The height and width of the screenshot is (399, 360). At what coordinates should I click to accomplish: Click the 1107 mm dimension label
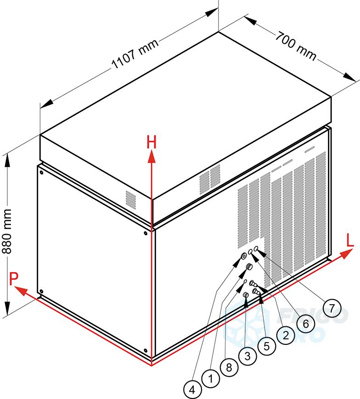click(x=135, y=55)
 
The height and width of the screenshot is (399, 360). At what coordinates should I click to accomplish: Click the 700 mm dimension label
click(x=296, y=46)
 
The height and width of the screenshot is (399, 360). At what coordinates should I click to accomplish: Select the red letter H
click(x=152, y=143)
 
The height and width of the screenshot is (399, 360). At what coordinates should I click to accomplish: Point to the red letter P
click(x=14, y=278)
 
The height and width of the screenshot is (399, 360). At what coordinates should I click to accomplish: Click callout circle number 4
click(x=193, y=390)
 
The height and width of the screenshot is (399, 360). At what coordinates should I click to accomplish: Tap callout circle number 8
click(x=229, y=368)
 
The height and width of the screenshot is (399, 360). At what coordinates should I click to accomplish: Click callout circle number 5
click(x=266, y=346)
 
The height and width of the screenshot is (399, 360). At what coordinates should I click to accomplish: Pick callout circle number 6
click(x=305, y=323)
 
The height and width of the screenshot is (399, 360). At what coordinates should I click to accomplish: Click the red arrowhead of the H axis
click(x=151, y=158)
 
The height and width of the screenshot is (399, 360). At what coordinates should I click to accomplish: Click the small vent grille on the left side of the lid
click(x=131, y=198)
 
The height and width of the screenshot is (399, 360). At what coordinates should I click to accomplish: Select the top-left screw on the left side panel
click(x=41, y=173)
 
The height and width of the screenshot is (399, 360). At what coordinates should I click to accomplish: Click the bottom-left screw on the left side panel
click(x=41, y=291)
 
